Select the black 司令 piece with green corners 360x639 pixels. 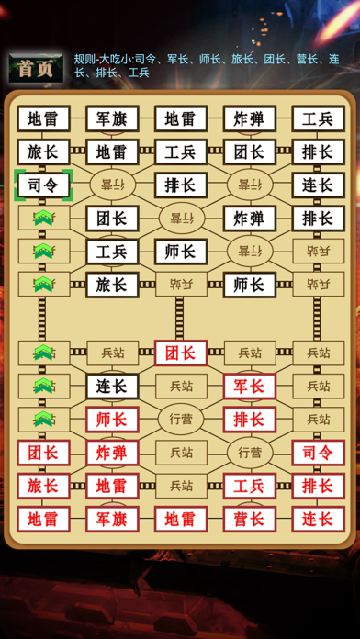[43, 185]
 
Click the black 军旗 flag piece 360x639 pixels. [112, 118]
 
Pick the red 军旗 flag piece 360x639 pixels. [112, 519]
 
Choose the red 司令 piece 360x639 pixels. [318, 453]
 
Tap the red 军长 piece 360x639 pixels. [249, 386]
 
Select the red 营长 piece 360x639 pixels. [249, 519]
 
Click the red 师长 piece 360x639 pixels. [112, 419]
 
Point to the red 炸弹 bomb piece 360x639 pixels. [112, 453]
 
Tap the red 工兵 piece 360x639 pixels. [249, 486]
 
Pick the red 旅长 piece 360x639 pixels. [43, 486]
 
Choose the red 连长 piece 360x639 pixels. [318, 519]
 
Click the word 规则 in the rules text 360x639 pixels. [84, 60]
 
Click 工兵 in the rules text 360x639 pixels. [139, 73]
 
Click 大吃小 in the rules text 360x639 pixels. [118, 60]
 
